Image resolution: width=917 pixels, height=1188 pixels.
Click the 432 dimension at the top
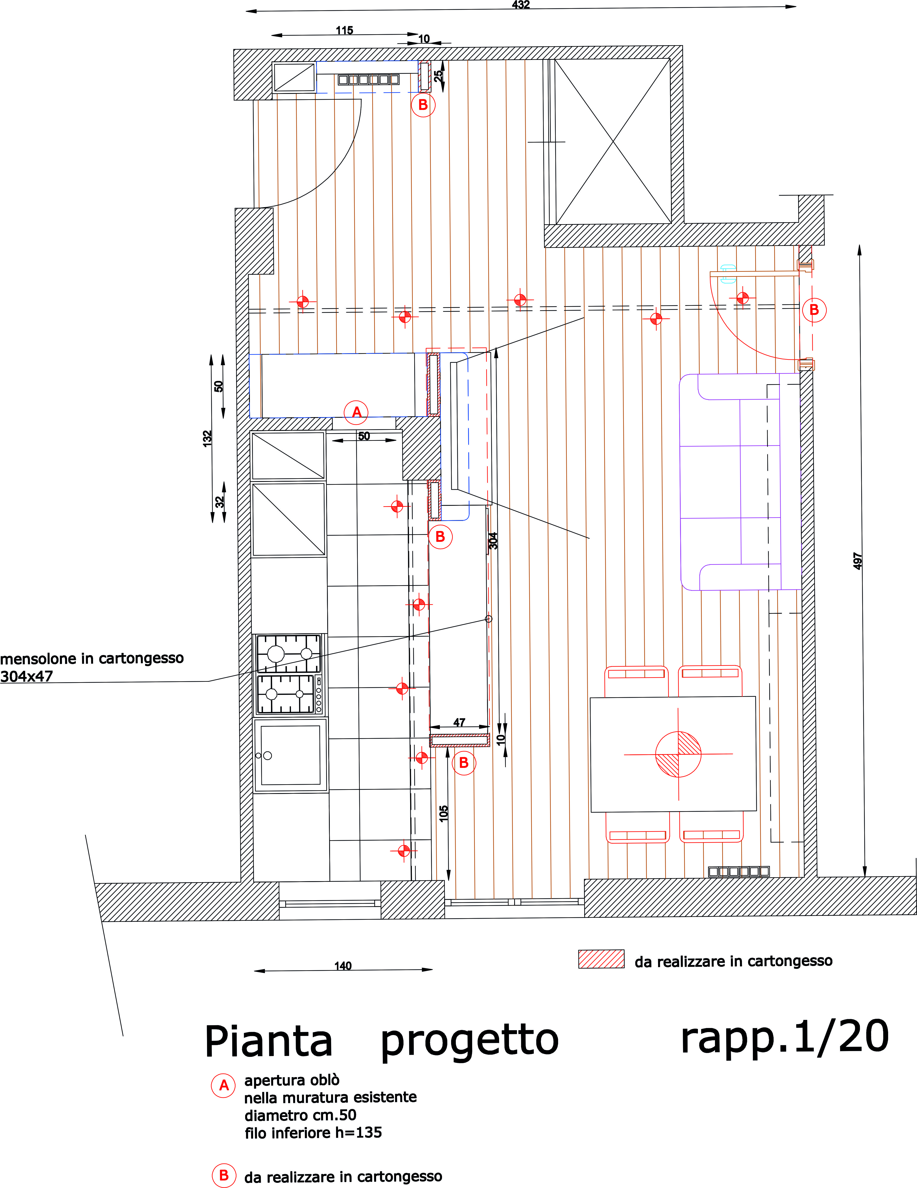[x=521, y=5]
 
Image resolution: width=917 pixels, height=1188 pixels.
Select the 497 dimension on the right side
[x=858, y=561]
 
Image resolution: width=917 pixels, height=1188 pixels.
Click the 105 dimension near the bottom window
[x=444, y=813]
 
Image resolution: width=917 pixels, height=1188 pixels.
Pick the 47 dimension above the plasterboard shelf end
[x=459, y=722]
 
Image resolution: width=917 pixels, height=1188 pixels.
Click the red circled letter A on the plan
[x=357, y=412]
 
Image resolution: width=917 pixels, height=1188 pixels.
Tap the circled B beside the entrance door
[x=814, y=310]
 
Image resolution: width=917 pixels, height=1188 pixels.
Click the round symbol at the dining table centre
[x=678, y=755]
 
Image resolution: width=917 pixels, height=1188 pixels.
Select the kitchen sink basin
[x=290, y=755]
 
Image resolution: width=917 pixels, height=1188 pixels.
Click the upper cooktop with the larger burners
[x=289, y=653]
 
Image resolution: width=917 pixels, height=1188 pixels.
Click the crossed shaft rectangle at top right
[x=613, y=141]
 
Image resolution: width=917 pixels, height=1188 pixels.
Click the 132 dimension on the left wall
[x=207, y=438]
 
